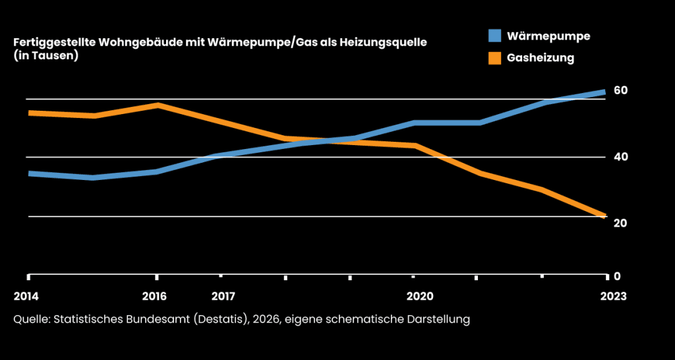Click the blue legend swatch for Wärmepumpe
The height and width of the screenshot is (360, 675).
tap(495, 36)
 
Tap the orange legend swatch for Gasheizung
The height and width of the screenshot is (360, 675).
tap(495, 58)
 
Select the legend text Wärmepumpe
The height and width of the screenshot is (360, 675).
tap(548, 36)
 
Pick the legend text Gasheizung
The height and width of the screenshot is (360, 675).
tap(541, 58)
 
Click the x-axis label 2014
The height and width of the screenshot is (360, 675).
tap(26, 296)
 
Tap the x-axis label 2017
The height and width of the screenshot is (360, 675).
tap(223, 296)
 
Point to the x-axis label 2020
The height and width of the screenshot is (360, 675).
tap(419, 296)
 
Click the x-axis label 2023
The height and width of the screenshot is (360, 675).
tap(613, 296)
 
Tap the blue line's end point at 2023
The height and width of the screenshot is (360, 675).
tap(604, 92)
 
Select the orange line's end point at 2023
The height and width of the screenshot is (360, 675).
tap(604, 216)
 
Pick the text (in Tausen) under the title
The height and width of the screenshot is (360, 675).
tap(46, 57)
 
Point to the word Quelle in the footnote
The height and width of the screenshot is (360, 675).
tap(30, 320)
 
